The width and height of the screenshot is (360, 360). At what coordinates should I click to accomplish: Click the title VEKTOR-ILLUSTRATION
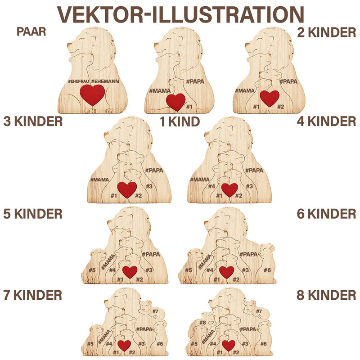click(x=180, y=14)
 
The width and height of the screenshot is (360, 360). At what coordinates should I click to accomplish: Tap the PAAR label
click(x=31, y=31)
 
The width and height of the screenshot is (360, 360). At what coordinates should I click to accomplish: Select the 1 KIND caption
click(x=180, y=121)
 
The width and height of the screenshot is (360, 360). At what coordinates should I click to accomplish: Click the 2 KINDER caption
click(x=326, y=32)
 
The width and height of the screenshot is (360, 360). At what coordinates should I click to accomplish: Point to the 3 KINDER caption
click(x=33, y=121)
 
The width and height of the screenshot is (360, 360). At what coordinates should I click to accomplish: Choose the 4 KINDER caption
click(x=326, y=121)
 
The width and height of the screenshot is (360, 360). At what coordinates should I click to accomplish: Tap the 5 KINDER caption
click(x=33, y=214)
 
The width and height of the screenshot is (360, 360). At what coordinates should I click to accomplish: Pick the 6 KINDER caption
click(x=326, y=214)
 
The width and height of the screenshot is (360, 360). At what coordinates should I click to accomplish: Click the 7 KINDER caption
click(x=32, y=295)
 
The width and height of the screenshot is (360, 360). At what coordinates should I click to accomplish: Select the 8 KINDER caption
click(x=326, y=295)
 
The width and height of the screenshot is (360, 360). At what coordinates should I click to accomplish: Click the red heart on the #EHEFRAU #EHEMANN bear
click(x=92, y=94)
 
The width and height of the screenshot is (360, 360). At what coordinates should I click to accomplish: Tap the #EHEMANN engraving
click(x=105, y=81)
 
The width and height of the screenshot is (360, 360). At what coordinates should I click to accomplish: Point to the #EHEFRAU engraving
click(x=78, y=81)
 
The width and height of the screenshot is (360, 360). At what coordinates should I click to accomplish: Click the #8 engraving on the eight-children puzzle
click(x=202, y=322)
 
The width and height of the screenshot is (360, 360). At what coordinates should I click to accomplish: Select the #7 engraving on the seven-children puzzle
click(x=155, y=311)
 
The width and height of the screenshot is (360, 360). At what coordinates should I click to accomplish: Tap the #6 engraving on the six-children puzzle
click(x=267, y=270)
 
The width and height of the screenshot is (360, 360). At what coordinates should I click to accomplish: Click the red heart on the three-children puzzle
click(x=127, y=189)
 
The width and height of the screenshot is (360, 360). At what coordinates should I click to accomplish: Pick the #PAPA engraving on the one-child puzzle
click(x=195, y=81)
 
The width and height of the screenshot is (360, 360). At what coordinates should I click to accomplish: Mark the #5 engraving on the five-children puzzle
click(x=92, y=270)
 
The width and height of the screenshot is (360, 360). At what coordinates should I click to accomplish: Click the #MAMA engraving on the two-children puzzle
click(x=245, y=91)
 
